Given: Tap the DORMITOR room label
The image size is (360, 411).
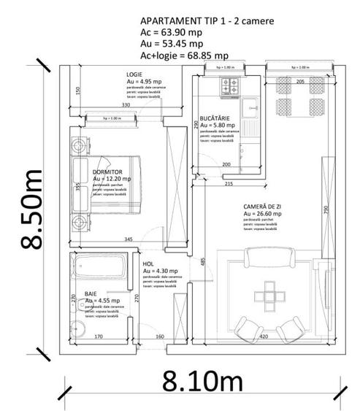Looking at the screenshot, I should [x=108, y=171].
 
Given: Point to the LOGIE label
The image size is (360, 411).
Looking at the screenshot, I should [x=134, y=75].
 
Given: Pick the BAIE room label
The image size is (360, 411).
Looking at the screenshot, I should [x=91, y=293].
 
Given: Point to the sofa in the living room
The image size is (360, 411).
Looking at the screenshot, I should [x=270, y=258].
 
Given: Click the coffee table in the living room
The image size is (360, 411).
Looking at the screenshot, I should [x=269, y=296].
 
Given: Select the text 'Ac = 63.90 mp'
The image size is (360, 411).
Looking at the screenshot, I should [x=173, y=33].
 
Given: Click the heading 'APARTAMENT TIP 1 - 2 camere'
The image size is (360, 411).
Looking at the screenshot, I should [x=207, y=21].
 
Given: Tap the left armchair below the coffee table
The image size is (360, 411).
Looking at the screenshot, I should [x=249, y=329].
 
